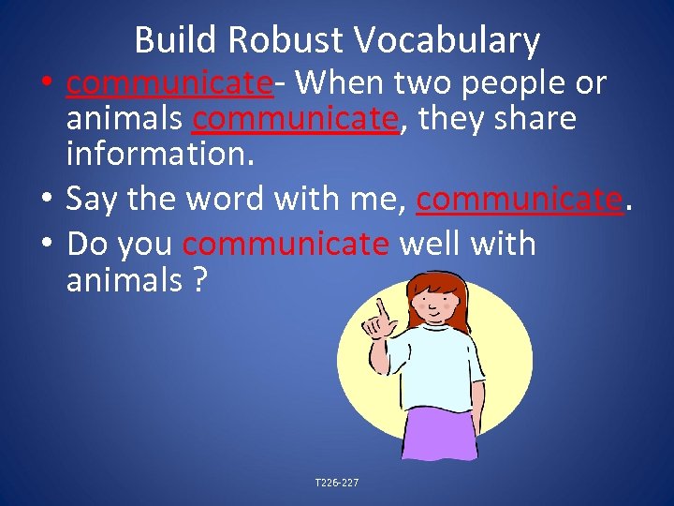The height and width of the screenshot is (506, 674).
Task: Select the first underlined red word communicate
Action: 168,83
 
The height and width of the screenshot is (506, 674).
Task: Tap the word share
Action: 532,119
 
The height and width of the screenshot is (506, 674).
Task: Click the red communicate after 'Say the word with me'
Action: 520,198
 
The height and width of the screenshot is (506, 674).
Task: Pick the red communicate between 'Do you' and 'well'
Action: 286,244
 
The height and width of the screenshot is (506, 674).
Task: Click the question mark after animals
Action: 198,280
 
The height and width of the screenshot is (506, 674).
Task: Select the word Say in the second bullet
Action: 89,198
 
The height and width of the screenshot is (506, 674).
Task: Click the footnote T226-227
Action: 337,484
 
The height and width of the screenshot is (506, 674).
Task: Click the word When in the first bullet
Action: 332,83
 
